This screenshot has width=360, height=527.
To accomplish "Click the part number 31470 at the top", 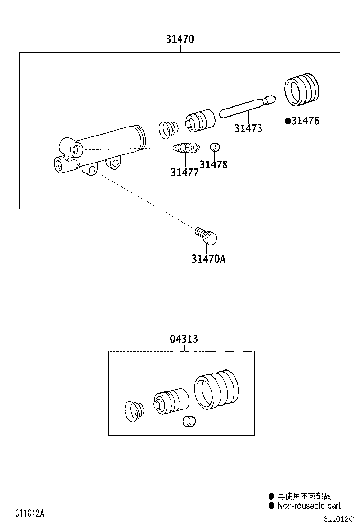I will (180, 39).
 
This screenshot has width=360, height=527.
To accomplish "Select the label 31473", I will (248, 128).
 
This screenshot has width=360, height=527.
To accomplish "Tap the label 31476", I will (305, 121).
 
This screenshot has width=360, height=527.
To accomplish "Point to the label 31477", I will (185, 173).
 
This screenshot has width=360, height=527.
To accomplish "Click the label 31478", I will (213, 164).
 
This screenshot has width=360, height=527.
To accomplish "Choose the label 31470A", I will (208, 259).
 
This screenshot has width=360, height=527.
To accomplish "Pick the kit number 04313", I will (184, 339).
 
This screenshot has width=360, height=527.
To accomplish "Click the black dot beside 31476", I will (287, 121).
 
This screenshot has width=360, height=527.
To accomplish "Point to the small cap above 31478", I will (214, 146).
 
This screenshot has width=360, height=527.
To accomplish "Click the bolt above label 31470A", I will (206, 236).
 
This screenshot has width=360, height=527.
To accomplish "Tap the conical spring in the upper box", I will (167, 129).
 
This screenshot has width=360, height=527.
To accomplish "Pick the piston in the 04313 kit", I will (171, 402).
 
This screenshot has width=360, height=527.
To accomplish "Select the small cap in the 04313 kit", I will (189, 420).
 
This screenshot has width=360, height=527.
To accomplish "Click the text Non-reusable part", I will (309, 506).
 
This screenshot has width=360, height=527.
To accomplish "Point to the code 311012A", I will (29, 513).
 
